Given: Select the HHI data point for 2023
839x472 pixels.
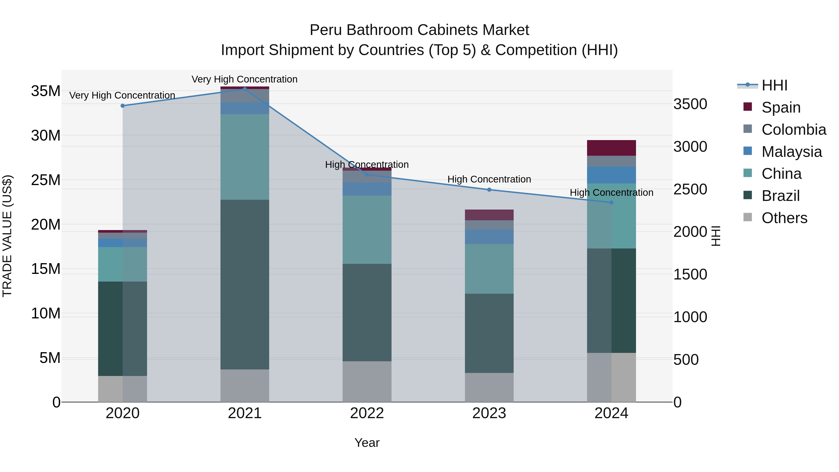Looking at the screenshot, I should point(489,189).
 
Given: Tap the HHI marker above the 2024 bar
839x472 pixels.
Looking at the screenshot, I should point(611,202).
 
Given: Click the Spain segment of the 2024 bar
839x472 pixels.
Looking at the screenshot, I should point(611,148).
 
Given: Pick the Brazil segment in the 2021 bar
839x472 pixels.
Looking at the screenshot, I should point(245,284).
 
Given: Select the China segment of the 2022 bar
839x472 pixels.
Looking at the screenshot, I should point(367,230).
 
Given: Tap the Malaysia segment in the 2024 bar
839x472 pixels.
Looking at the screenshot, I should point(611,175).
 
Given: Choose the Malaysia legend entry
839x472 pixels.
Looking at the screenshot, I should point(791,152).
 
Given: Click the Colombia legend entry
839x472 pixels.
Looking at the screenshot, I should point(793,130).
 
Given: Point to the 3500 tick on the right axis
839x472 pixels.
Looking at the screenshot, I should point(690,104).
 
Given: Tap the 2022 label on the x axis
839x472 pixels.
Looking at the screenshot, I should point(367,413).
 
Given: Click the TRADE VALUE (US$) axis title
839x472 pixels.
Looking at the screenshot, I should point(7,236).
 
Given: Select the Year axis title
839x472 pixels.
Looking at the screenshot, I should point(367,443).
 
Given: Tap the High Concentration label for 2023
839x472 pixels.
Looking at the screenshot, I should point(489,179).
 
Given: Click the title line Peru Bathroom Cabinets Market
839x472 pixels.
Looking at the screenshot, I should point(419,30).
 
